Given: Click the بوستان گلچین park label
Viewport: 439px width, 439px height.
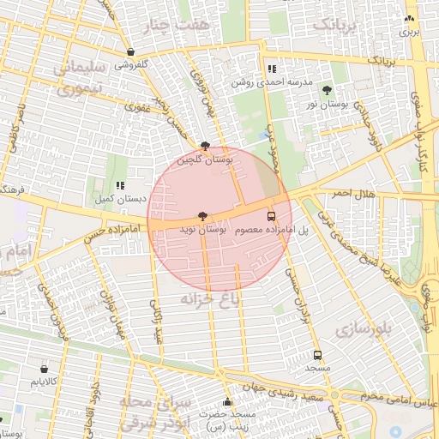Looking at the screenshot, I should pos(205,159).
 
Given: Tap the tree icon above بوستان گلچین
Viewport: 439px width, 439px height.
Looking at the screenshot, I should pos(204,147).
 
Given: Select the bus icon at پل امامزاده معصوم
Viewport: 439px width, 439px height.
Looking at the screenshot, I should pos(272,217).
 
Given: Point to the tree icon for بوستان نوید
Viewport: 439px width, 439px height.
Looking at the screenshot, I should pos(202,217).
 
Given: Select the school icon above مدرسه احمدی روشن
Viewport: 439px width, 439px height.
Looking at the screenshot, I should pos(271,69).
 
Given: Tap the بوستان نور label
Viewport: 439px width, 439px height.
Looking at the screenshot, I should pos(325,103).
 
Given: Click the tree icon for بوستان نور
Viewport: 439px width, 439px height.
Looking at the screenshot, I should pos(326,89).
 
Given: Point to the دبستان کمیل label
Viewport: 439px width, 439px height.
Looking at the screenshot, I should pos(120,198).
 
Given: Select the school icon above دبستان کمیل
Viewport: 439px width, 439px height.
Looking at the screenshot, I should pos(120,184).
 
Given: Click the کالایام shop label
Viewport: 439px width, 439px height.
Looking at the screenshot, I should pos(43,380).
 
